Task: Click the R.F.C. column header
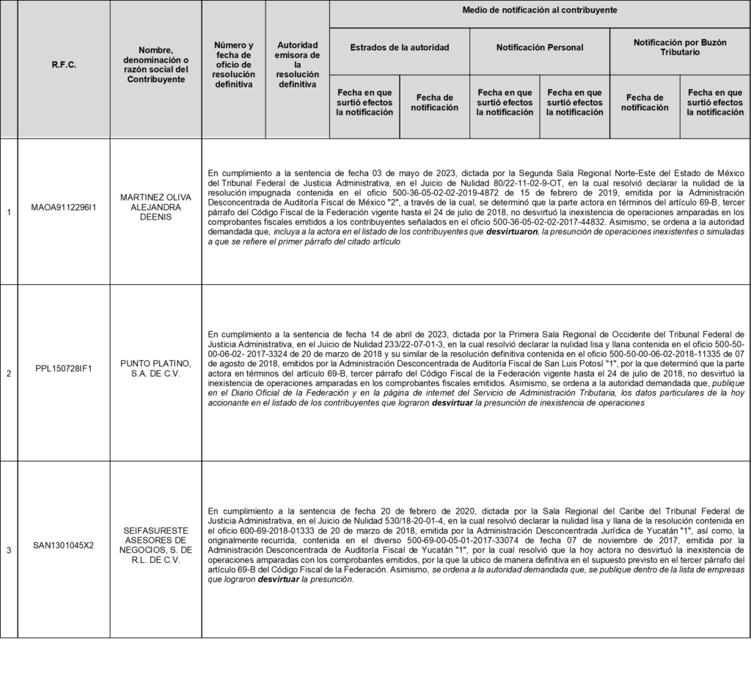tap(64, 65)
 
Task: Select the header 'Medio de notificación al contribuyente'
tap(540, 10)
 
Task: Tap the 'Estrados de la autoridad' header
tap(400, 48)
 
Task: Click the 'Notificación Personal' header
tap(540, 48)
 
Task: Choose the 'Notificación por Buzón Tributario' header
tap(680, 48)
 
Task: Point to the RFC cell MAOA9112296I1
tap(64, 208)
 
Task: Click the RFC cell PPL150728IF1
tap(64, 368)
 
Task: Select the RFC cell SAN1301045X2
tap(64, 545)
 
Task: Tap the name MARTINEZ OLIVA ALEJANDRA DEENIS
tap(155, 208)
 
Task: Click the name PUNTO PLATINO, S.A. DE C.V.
tap(155, 368)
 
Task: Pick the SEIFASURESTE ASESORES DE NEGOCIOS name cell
tap(155, 545)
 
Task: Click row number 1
tap(9, 212)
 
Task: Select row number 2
tap(9, 374)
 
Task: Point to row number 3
tap(9, 550)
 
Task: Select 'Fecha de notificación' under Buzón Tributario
tap(645, 103)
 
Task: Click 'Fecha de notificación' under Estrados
tap(434, 103)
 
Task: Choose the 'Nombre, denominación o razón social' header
tap(155, 65)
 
